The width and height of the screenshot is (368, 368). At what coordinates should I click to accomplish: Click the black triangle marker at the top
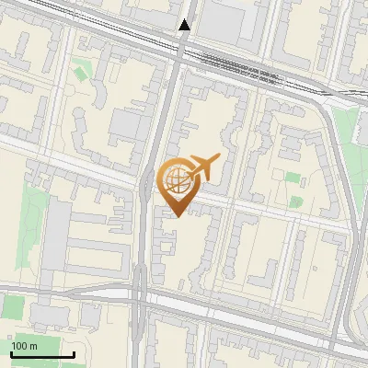tap(185, 25)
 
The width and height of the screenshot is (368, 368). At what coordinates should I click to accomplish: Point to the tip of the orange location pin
tap(175, 215)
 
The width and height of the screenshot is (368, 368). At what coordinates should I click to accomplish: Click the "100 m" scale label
tap(24, 346)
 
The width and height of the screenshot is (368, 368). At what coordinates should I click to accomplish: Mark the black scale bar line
tap(42, 354)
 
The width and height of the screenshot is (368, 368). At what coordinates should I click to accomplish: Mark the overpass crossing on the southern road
tap(138, 296)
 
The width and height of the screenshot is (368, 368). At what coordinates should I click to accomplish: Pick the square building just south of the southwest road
tap(90, 316)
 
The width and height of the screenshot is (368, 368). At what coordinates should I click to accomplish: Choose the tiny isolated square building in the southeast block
tap(299, 241)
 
